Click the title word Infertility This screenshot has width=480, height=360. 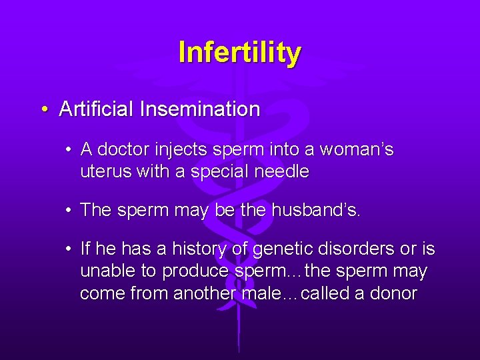coord(239,53)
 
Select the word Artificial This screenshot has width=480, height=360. coord(97,109)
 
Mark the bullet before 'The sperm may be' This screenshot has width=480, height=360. coord(69,211)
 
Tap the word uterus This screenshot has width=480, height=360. coord(105,172)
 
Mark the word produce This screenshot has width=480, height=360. coord(196,272)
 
